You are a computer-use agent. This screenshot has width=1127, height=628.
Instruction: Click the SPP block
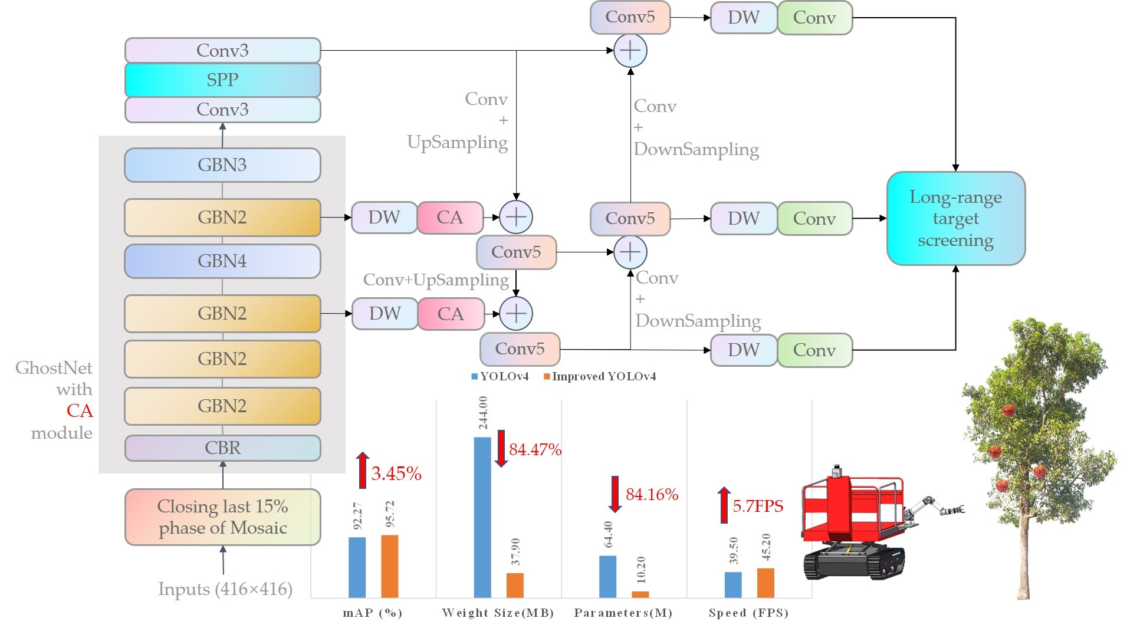click(x=222, y=80)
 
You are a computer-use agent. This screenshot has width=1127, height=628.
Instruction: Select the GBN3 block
click(x=222, y=165)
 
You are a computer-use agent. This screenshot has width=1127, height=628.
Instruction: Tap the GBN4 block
click(x=222, y=261)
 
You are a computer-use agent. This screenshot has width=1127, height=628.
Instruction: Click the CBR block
click(x=222, y=448)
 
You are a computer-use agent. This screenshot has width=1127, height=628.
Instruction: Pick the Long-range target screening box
click(x=955, y=218)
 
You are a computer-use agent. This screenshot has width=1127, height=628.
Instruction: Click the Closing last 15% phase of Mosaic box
click(x=222, y=517)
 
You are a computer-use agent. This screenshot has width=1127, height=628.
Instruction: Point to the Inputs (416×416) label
click(x=225, y=589)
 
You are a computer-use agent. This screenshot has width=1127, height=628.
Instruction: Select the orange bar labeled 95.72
click(x=389, y=566)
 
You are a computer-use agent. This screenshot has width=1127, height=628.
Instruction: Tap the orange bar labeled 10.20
click(x=640, y=594)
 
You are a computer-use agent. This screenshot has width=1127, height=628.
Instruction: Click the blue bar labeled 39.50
click(x=732, y=584)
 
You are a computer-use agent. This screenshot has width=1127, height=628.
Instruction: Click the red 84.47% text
click(x=535, y=450)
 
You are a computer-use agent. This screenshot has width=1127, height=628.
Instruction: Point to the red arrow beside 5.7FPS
click(x=724, y=505)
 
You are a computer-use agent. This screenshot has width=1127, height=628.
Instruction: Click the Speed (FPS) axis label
click(x=748, y=613)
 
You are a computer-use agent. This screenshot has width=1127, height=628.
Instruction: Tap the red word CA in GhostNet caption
click(x=80, y=411)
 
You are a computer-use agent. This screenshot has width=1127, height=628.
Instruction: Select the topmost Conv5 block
click(x=630, y=17)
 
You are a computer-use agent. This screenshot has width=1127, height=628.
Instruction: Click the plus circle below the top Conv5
click(x=630, y=51)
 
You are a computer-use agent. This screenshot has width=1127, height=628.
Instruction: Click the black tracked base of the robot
click(x=852, y=563)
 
